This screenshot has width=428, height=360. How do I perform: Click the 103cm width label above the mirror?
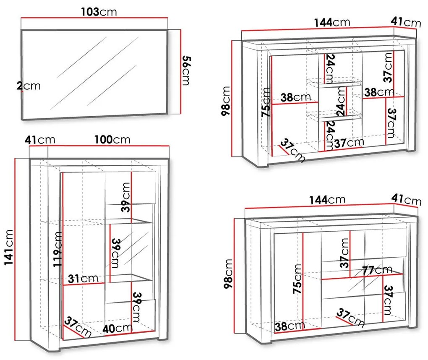click(x=99, y=12)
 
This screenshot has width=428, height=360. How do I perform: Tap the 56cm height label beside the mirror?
click(x=186, y=70)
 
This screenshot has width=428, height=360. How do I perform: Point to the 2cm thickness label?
click(x=29, y=86)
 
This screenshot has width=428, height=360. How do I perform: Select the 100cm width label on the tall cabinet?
click(x=112, y=139)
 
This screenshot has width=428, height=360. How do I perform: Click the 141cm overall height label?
click(x=9, y=247)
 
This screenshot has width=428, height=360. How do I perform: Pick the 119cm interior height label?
click(x=58, y=249)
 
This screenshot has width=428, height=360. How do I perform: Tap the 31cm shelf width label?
click(x=83, y=279)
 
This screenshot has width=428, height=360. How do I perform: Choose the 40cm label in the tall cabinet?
click(x=117, y=329)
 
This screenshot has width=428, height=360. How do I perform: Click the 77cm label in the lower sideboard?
click(x=377, y=270)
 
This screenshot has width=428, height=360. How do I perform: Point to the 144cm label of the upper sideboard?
click(x=332, y=22)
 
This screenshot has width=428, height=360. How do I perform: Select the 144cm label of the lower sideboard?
click(x=327, y=200)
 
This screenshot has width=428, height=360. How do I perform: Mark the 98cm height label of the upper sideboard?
click(x=226, y=101)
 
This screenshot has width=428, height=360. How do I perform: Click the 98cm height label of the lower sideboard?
click(x=228, y=274)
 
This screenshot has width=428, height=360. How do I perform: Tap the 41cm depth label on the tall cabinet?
click(x=40, y=140)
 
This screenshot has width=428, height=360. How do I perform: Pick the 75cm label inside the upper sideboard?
click(x=266, y=102)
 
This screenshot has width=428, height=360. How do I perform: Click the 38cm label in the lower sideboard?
click(x=290, y=326)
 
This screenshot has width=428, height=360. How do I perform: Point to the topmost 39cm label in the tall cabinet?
click(x=126, y=197)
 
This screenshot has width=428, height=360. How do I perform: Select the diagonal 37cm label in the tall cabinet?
click(x=78, y=327)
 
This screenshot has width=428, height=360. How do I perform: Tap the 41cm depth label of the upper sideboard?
click(x=406, y=22)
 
